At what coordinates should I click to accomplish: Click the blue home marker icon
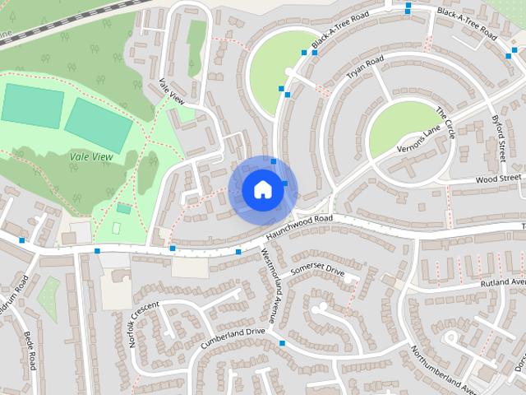tap(261, 189)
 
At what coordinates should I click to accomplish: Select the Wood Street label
tap(498, 178)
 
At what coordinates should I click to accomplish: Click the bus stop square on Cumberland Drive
tap(282, 342)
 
